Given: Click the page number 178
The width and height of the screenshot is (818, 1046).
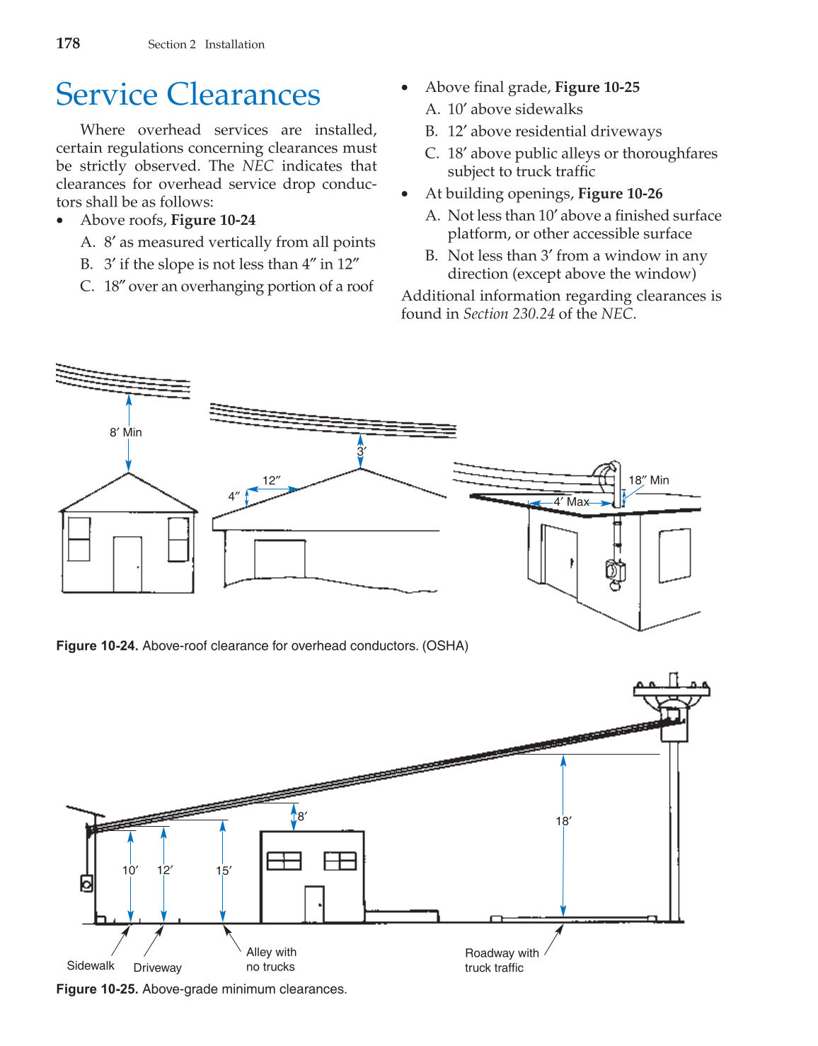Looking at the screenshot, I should [68, 44].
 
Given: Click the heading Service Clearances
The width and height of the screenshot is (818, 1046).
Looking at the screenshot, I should [188, 95].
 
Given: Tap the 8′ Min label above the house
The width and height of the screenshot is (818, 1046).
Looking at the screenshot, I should [126, 432].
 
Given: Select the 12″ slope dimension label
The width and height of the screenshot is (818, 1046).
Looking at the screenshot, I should [272, 481].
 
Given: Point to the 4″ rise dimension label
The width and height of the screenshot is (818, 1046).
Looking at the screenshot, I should [234, 496].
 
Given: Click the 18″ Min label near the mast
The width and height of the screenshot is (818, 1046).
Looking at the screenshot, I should [648, 480].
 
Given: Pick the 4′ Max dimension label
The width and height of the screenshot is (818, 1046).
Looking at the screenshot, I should [571, 502].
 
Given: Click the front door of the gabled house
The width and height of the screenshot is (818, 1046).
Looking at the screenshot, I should [127, 564].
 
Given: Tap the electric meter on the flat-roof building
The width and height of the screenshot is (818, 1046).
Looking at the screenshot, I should [614, 570].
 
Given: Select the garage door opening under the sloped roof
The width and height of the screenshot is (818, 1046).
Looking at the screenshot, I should [280, 559].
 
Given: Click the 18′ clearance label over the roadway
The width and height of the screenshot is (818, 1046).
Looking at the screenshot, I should [563, 821].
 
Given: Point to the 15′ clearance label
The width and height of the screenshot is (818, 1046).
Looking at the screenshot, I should [223, 871].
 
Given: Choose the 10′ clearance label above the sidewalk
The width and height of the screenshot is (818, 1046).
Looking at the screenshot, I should [130, 870].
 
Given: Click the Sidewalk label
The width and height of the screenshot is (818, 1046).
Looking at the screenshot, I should [91, 966].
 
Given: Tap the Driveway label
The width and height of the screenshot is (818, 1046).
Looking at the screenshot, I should [157, 968].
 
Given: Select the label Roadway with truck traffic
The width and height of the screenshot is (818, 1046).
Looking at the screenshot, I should [501, 960].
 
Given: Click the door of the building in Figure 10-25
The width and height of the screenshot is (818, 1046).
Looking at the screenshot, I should [314, 904].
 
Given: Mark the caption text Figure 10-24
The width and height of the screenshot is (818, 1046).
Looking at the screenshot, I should [97, 646].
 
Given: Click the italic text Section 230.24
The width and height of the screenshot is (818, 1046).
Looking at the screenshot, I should [509, 314].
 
